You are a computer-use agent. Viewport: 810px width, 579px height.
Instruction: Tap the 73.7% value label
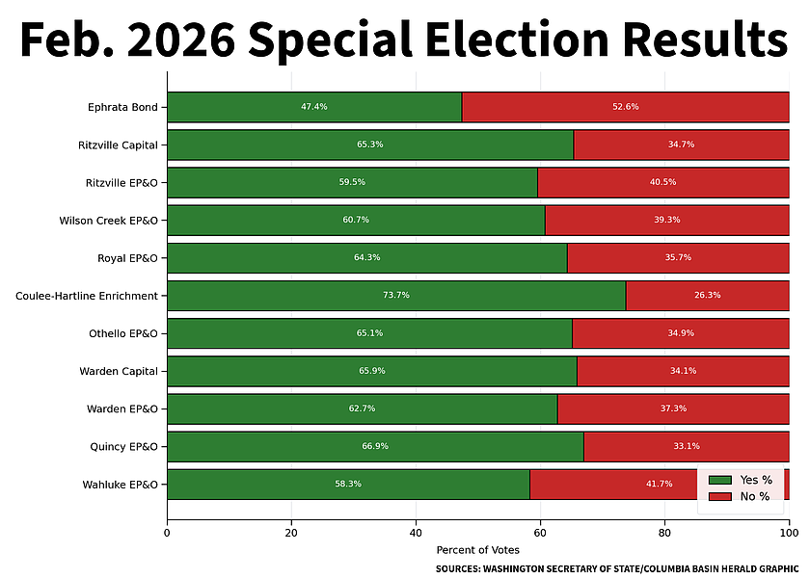[396, 296]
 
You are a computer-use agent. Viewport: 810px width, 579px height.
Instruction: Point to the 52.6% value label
[625, 107]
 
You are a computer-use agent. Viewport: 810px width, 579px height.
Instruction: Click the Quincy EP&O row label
[121, 447]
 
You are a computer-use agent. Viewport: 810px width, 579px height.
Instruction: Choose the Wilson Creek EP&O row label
[108, 220]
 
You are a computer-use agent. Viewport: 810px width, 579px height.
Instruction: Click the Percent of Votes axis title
[477, 550]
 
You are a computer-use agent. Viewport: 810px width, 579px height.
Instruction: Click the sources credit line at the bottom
[617, 569]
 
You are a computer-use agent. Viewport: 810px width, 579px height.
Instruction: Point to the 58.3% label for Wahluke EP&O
[348, 485]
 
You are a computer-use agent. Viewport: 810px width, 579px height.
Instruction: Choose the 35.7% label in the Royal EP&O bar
[678, 258]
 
